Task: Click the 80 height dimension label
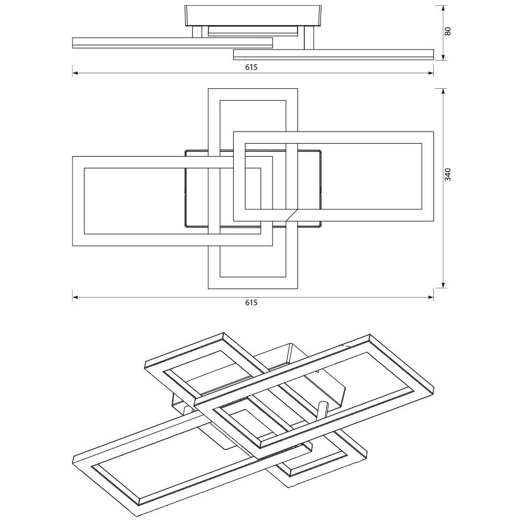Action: tap(448, 31)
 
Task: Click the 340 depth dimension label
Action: tap(448, 175)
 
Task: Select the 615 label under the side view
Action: tap(252, 67)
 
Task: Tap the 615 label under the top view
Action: tap(252, 303)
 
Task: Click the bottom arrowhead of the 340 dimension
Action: tap(443, 285)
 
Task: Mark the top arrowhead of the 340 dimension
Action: tap(443, 91)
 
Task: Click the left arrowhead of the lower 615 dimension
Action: tap(75, 298)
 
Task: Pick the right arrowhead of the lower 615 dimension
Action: tap(431, 298)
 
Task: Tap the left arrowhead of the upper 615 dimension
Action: tap(75, 73)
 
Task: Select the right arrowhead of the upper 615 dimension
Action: tap(431, 73)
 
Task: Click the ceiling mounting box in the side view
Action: tap(253, 16)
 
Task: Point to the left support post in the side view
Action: tap(197, 32)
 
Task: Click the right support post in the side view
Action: tap(309, 38)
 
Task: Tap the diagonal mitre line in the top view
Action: tap(292, 215)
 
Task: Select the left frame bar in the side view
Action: tap(172, 43)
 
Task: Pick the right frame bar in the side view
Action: tap(334, 55)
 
